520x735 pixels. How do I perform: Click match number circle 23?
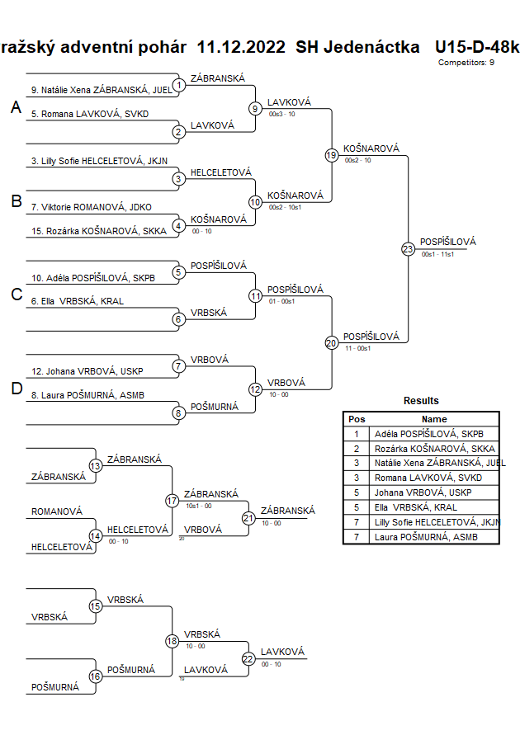(407, 249)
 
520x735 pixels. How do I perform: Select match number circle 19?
(331, 155)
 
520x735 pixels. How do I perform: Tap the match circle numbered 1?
(178, 85)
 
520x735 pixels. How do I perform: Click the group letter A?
(15, 108)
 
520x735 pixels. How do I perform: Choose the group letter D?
(15, 389)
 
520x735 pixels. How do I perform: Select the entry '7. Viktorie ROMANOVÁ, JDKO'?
(92, 207)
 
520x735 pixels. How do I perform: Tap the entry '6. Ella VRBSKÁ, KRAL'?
(78, 301)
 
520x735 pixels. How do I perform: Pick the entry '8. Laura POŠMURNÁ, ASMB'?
(88, 395)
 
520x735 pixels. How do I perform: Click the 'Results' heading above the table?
(421, 401)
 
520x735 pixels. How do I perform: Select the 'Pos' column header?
(357, 419)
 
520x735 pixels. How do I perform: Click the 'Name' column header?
(434, 419)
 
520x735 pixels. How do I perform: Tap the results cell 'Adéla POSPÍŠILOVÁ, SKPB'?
(428, 433)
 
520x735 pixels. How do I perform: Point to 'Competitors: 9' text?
(466, 62)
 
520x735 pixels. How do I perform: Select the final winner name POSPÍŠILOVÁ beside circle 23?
(447, 242)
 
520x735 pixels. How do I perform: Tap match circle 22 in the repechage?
(248, 658)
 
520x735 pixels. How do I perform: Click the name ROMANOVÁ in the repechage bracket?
(57, 511)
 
